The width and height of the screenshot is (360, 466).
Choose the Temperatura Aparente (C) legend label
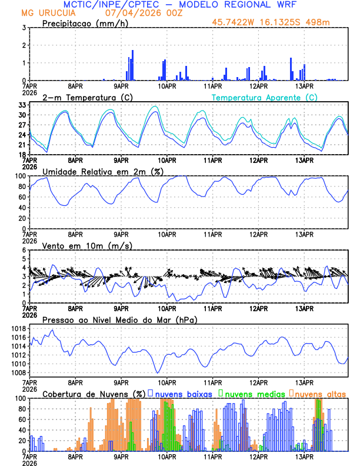(x=265, y=97)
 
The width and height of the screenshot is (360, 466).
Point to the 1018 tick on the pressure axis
(x=18, y=328)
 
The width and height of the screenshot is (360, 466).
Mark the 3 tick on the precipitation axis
(x=23, y=28)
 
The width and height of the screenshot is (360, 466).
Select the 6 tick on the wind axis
(x=23, y=250)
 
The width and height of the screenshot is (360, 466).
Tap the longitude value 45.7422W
(x=234, y=24)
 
